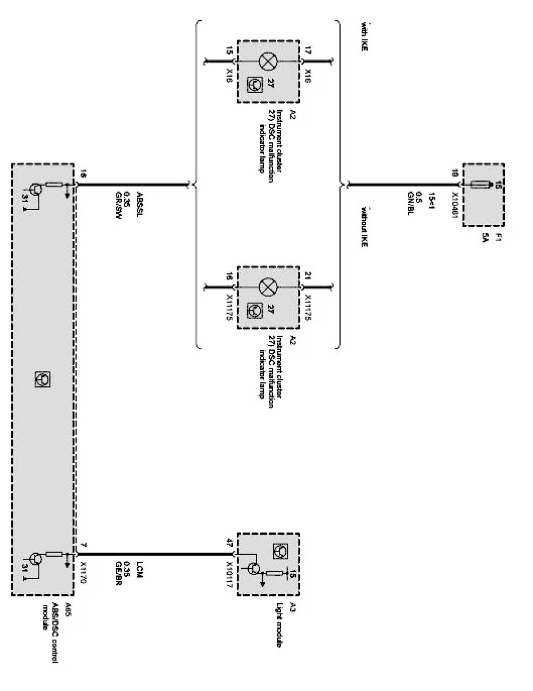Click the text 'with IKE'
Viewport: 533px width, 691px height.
(x=364, y=37)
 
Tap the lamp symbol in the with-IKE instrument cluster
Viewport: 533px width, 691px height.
(x=268, y=61)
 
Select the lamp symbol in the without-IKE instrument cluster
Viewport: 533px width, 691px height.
(x=268, y=286)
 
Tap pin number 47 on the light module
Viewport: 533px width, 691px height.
(x=229, y=543)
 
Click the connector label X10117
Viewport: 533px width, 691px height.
(x=229, y=571)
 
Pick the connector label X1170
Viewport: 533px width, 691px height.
(x=84, y=571)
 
